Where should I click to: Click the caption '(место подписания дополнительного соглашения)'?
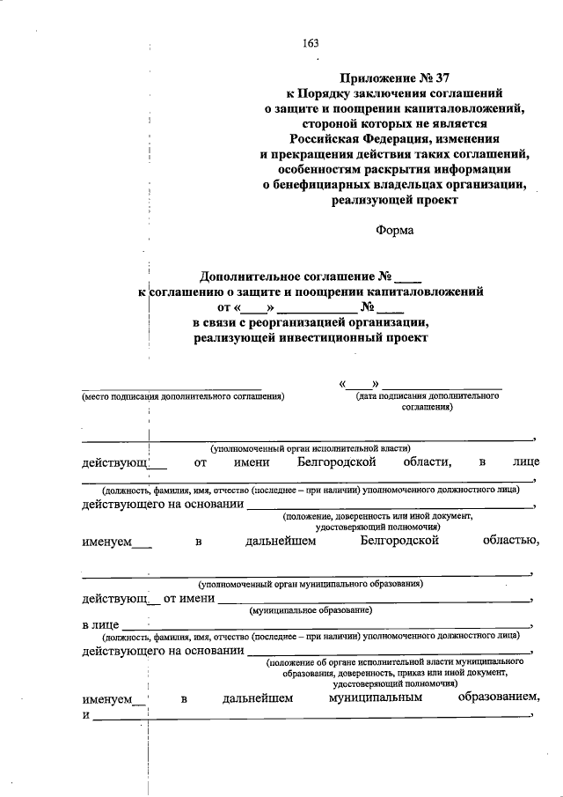click(x=182, y=396)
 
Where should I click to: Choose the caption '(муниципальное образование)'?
click(x=311, y=609)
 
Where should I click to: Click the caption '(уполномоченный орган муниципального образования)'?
click(x=311, y=583)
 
